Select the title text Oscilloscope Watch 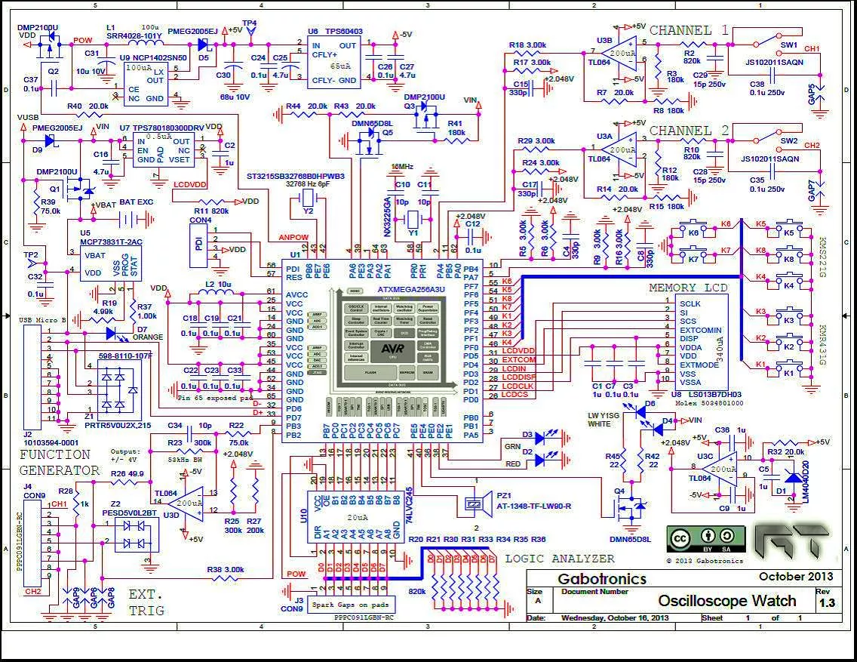[726, 601]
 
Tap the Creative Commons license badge [694, 539]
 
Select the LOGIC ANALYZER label [559, 559]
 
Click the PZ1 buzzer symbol [475, 503]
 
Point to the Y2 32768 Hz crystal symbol [308, 199]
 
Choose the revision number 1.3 [827, 603]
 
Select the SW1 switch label [789, 45]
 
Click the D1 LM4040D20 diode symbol [792, 476]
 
